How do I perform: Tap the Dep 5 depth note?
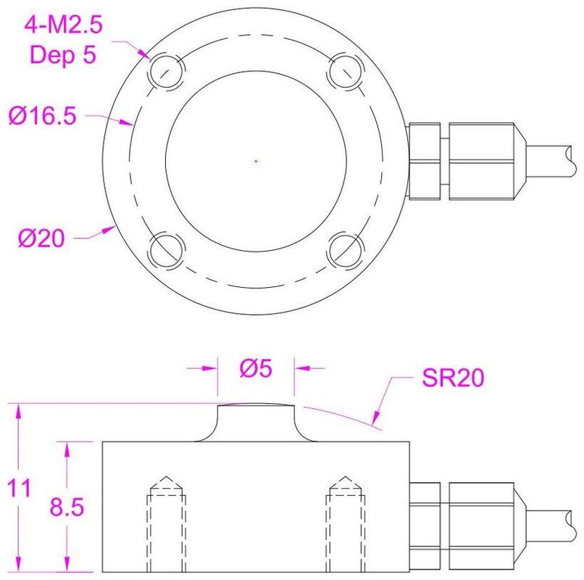[64, 54]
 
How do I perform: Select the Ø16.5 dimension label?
[42, 116]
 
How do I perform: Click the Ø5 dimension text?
[255, 369]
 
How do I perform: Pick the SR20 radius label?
[451, 378]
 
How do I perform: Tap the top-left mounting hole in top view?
[166, 70]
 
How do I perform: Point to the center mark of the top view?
[256, 160]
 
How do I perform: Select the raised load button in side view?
[256, 421]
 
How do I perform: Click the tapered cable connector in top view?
[484, 160]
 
